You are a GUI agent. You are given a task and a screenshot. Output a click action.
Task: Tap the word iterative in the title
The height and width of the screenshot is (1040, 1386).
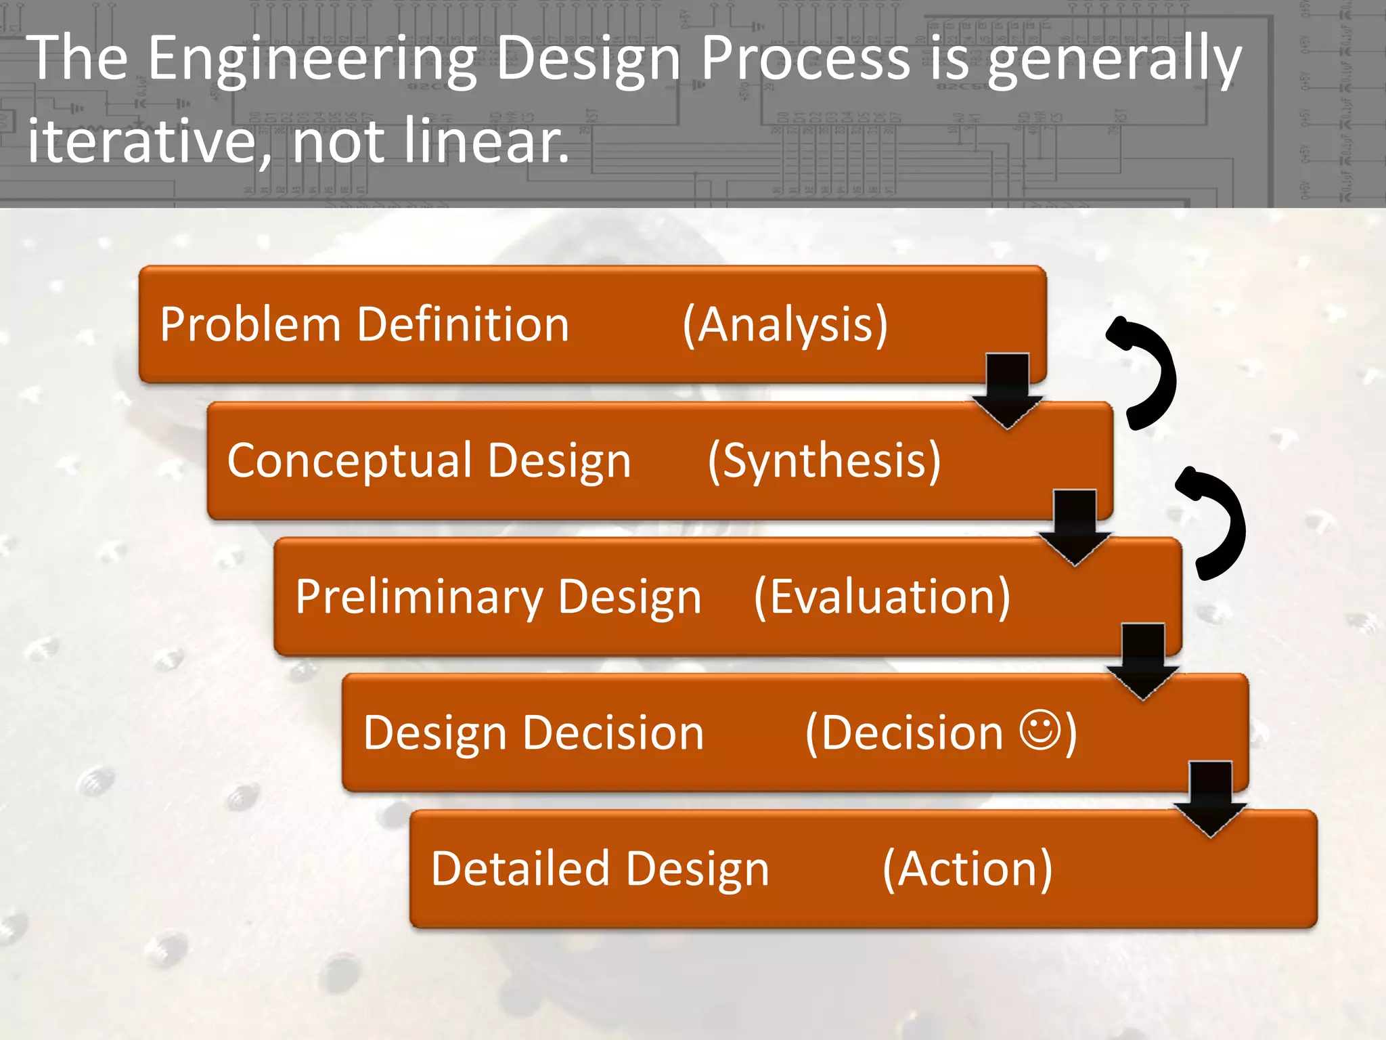142,141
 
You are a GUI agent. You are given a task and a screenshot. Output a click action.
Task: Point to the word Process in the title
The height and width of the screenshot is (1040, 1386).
805,60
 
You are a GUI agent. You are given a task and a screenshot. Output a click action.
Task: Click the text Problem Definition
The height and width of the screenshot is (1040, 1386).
364,324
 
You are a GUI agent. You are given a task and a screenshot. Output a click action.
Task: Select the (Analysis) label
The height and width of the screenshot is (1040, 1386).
785,325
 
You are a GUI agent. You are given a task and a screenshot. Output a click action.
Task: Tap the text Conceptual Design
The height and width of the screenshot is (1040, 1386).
429,461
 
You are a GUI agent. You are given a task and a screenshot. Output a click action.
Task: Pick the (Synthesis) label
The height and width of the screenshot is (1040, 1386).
824,461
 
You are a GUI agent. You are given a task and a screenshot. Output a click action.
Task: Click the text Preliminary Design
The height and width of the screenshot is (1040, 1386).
498,597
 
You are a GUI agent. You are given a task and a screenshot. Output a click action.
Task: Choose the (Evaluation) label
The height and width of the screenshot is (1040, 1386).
882,597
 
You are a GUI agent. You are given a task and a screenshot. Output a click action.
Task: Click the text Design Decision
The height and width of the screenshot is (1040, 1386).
533,733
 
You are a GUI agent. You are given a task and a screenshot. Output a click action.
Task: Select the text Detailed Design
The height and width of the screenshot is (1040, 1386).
600,869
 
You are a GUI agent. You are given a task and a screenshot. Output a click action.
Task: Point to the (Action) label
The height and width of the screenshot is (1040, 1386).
967,869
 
